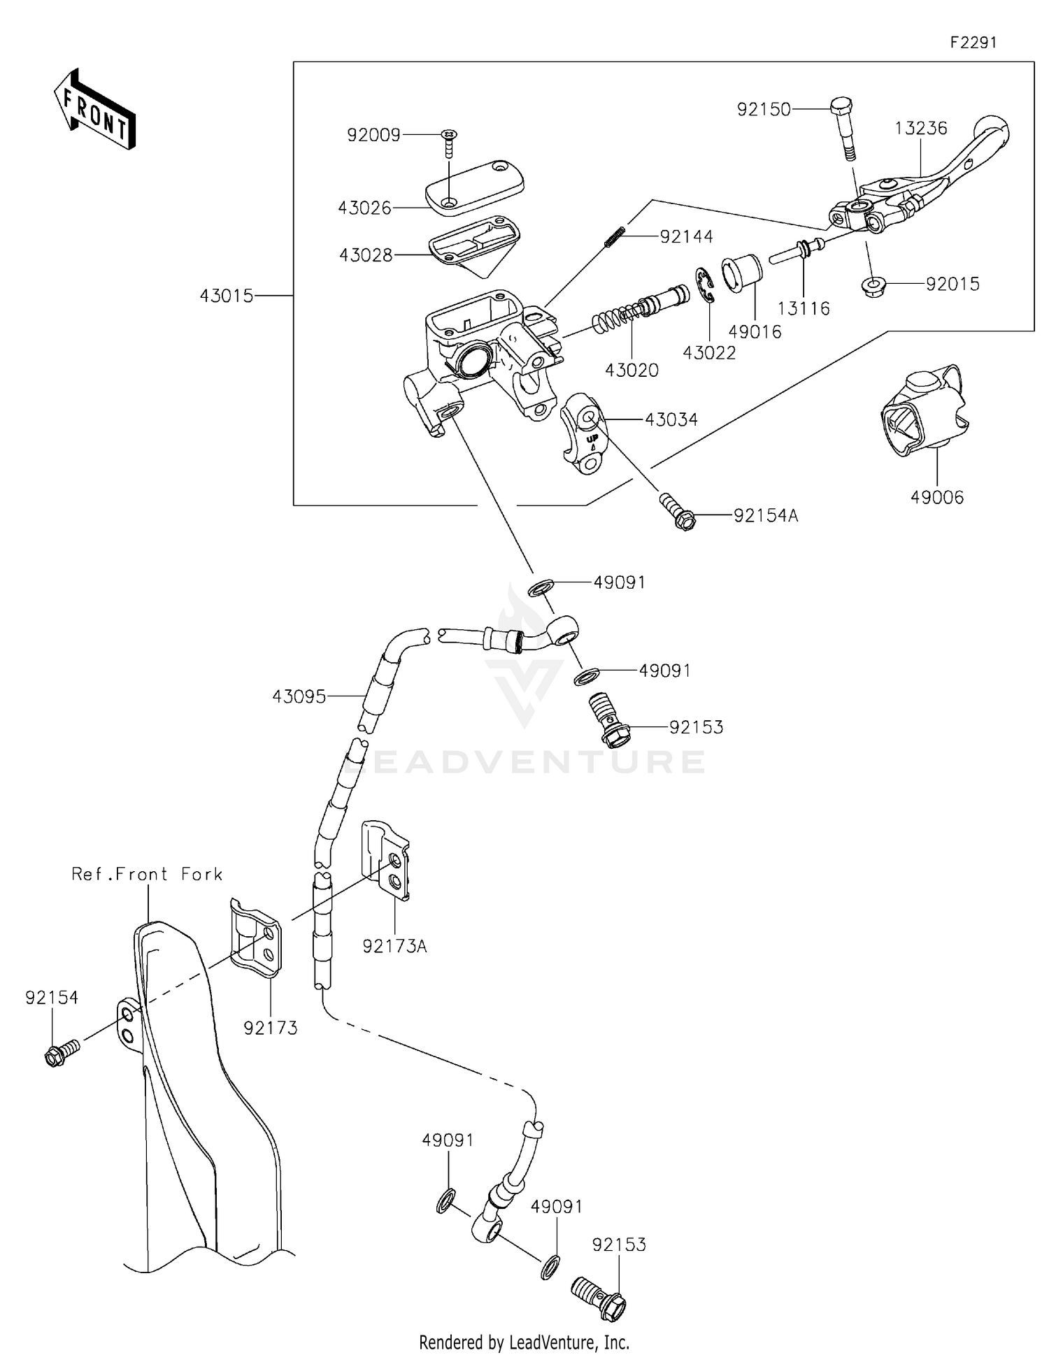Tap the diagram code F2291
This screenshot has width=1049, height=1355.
(973, 43)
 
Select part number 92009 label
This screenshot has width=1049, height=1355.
(373, 135)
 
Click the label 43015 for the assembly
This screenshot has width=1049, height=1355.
(227, 296)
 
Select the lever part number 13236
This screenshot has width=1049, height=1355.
(921, 128)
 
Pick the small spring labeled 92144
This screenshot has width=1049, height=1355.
(615, 236)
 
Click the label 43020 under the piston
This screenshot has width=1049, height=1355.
(631, 370)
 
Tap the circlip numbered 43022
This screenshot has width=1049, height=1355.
(705, 287)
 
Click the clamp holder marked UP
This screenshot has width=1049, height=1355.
(586, 433)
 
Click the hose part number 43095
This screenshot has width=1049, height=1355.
(299, 696)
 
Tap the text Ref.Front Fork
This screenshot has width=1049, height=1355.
(147, 874)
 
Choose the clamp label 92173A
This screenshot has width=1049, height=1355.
(394, 947)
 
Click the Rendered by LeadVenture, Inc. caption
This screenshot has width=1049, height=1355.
(524, 1342)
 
